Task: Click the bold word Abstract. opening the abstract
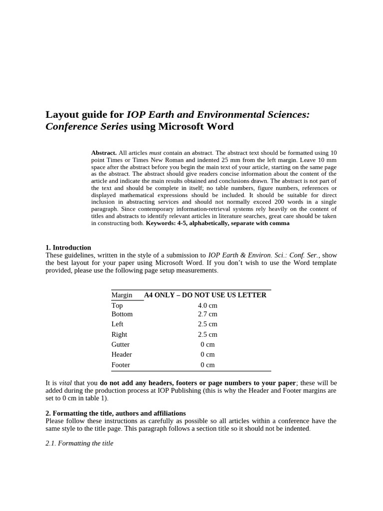(x=104, y=153)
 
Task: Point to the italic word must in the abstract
(x=156, y=153)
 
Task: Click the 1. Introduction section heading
(x=68, y=248)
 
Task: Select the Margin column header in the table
(x=122, y=295)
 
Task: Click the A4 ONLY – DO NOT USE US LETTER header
(x=205, y=295)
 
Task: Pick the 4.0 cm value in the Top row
(x=207, y=305)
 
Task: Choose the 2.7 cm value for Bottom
(x=207, y=314)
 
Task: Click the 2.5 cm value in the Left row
(x=207, y=324)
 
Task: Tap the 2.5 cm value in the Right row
(x=207, y=334)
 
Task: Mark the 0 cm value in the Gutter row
(x=207, y=344)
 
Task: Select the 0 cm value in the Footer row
(x=207, y=365)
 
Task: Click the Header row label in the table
(x=122, y=354)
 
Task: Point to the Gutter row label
(x=121, y=344)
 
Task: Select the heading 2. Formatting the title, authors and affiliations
(x=116, y=413)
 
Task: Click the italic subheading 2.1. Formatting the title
(x=79, y=443)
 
